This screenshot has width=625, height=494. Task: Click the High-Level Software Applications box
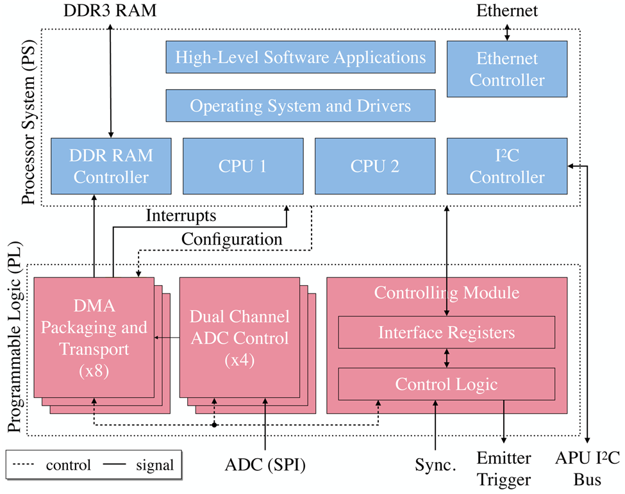coord(301,58)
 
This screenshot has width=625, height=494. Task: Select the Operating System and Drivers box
coord(301,106)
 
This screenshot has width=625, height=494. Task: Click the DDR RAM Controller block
coord(111,166)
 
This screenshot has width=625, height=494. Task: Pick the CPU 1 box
coord(242,166)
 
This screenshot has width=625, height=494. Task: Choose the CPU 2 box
coord(374,166)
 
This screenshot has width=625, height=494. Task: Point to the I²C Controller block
coord(506,166)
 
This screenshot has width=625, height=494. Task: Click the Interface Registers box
coord(446,333)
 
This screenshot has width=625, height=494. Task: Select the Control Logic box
coord(446,384)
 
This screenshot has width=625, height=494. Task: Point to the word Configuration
coord(231,239)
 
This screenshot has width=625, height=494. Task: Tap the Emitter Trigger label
coord(504,468)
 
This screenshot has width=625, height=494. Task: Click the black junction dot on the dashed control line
coord(213,424)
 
